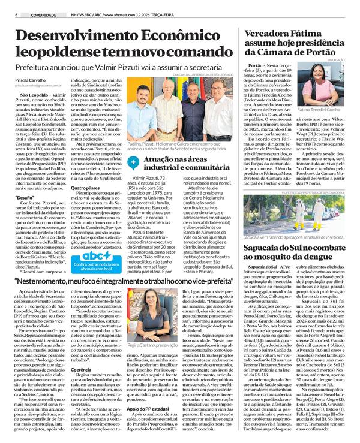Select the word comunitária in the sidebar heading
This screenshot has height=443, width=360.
point(195,168)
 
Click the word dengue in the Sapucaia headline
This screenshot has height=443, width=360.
point(331,256)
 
